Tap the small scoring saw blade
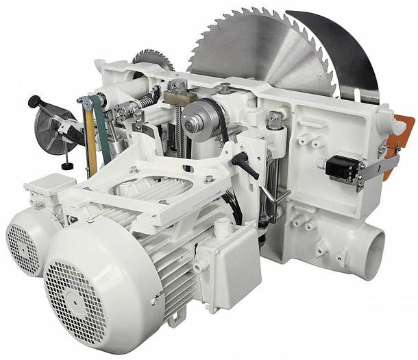(x=151, y=60)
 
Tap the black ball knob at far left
(x=32, y=101)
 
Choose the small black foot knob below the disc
(x=66, y=166)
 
